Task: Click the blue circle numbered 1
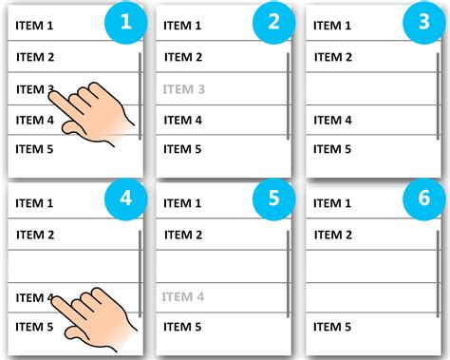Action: (126, 22)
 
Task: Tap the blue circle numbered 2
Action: (274, 22)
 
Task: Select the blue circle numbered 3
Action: (424, 22)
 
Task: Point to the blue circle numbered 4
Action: (126, 199)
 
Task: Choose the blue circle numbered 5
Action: (274, 199)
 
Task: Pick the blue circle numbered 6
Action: (424, 199)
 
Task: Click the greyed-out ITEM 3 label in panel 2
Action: (183, 89)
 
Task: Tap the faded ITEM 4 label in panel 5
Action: (183, 297)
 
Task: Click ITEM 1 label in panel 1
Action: (34, 26)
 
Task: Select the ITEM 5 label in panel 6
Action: (332, 327)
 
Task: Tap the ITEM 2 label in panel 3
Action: (333, 57)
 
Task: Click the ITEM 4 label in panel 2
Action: (183, 121)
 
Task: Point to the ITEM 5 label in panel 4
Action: (34, 327)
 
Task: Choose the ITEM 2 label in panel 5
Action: (183, 235)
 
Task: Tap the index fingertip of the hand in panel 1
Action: (52, 94)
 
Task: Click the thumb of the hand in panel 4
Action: (72, 333)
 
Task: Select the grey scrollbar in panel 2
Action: (288, 96)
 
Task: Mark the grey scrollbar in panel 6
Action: (438, 274)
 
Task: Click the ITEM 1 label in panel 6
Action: (332, 203)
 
